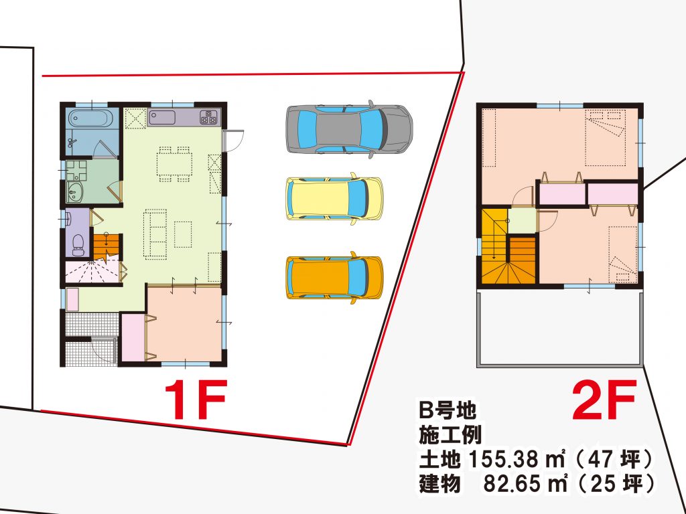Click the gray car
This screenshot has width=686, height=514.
pos(349,129)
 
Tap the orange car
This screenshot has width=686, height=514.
pos(334,278)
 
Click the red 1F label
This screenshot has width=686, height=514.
pos(196,400)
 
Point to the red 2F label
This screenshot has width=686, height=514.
pos(604,400)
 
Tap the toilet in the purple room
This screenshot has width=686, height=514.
pos(78,245)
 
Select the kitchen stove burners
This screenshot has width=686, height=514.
pos(208,117)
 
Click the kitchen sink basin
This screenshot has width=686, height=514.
pos(162,117)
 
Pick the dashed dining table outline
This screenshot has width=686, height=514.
pos(174,164)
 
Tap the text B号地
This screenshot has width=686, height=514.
pos(447,410)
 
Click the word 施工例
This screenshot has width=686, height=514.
pos(451,434)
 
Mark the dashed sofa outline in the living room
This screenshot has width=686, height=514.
pos(155,234)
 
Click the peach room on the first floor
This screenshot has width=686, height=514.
pos(185,324)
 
